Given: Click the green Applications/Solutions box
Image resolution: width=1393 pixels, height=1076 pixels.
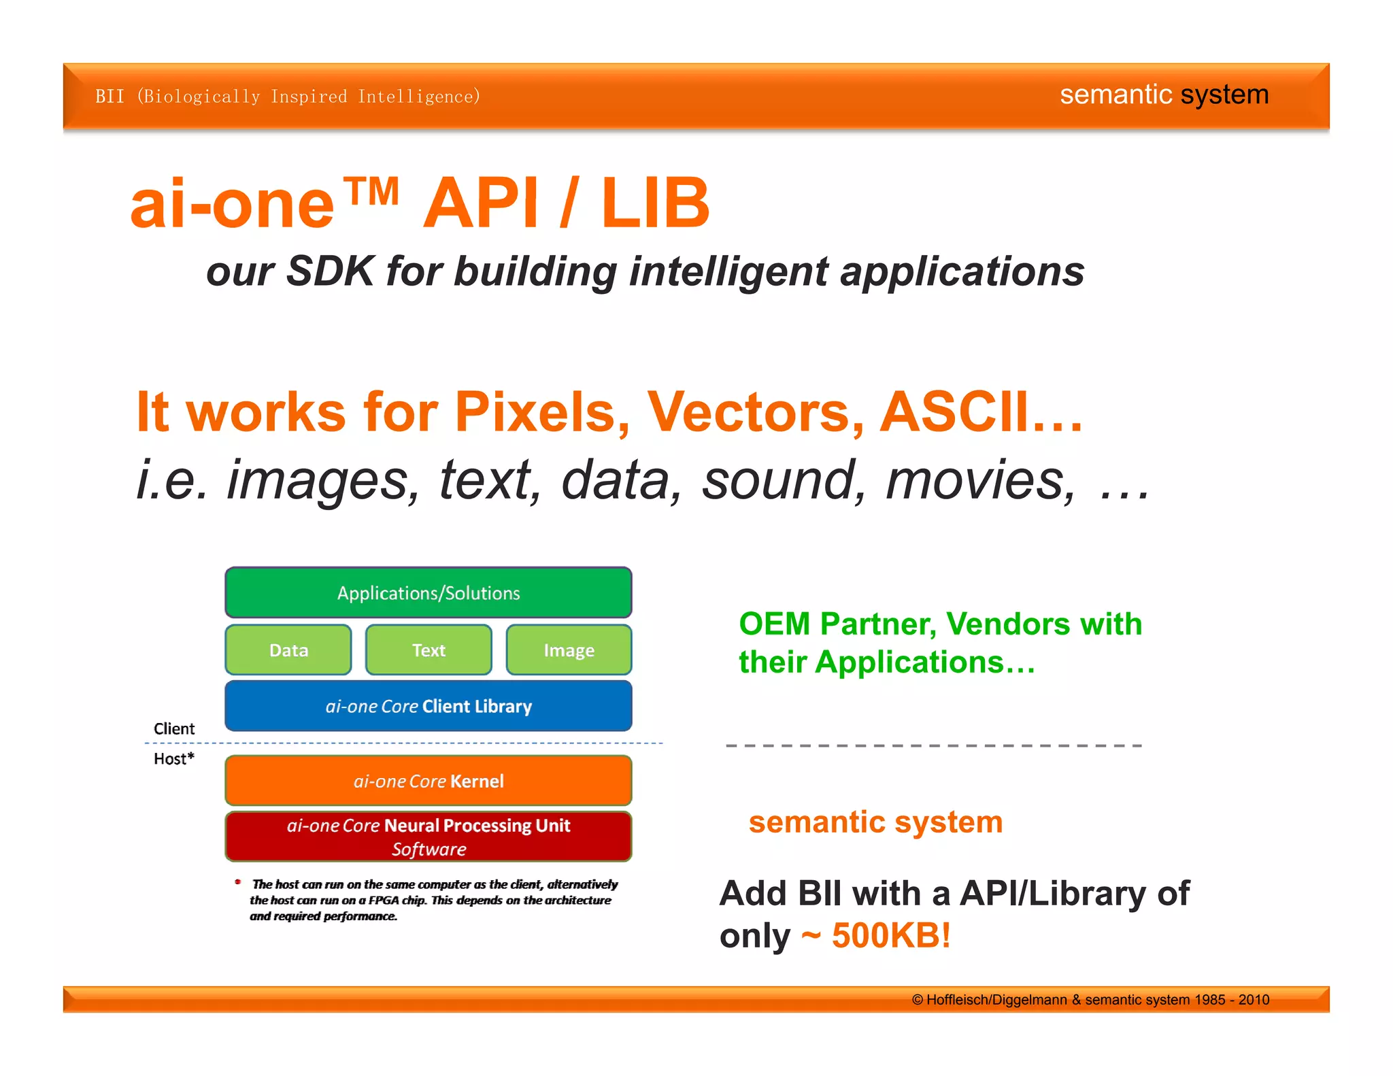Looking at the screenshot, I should click(429, 592).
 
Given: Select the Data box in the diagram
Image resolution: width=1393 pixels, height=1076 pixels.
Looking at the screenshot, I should click(288, 650).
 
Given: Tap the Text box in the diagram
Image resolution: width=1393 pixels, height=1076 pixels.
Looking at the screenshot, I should click(429, 650).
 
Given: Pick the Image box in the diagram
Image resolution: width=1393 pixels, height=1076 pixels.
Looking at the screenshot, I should click(569, 650).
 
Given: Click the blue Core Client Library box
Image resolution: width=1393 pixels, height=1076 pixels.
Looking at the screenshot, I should click(429, 706).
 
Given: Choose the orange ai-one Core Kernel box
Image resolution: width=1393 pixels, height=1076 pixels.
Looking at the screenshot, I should click(429, 781).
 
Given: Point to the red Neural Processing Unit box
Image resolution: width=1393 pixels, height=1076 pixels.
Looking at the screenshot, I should click(429, 837).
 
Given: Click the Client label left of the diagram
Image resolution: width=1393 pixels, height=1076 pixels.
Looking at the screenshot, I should click(174, 728).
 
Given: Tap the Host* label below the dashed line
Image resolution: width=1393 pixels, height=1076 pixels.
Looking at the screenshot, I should click(174, 758).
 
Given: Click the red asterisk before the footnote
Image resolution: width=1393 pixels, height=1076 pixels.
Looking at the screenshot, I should click(238, 882).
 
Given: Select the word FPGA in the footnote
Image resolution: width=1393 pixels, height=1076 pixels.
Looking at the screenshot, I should click(384, 900).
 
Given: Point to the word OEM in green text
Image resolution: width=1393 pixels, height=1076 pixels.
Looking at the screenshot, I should click(775, 624).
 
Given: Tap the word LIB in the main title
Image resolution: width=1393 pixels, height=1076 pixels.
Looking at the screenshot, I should click(655, 203).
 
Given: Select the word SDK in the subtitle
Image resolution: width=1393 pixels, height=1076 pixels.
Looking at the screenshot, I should click(330, 271).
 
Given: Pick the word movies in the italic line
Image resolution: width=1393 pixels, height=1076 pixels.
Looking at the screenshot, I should click(979, 480).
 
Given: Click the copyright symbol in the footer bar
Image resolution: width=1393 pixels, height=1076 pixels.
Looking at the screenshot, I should click(918, 1000).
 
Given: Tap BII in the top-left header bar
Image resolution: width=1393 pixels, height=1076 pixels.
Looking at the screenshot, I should click(110, 97).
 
